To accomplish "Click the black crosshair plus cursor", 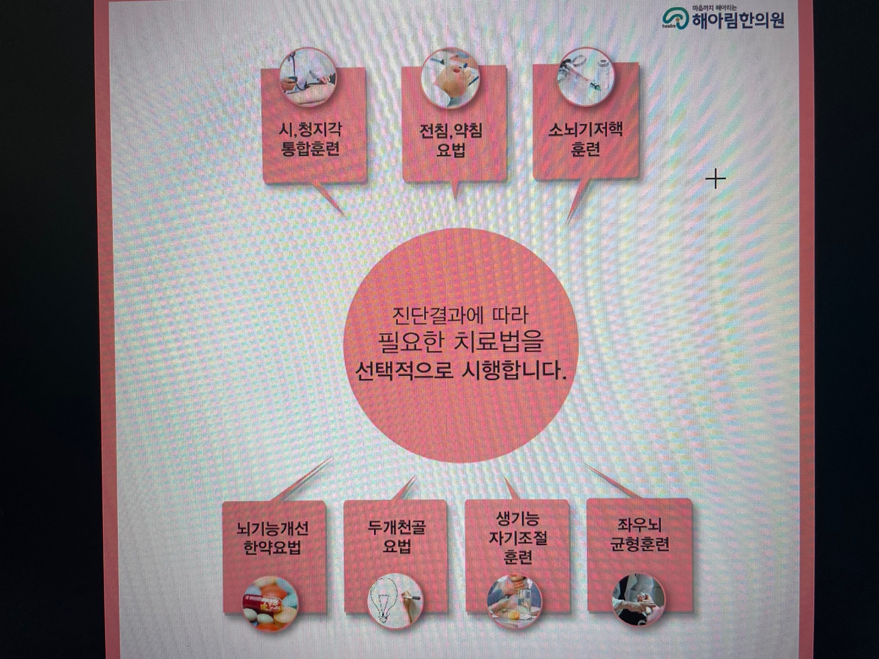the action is click(x=715, y=179).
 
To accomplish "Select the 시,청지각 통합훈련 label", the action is click(x=310, y=139).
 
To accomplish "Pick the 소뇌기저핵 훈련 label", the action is click(x=585, y=139).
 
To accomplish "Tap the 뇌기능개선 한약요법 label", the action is click(x=272, y=538).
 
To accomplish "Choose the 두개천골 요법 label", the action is click(x=396, y=536).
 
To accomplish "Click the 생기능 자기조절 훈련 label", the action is click(x=518, y=538).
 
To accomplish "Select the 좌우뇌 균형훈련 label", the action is click(x=640, y=535).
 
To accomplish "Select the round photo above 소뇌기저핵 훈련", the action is click(x=584, y=73).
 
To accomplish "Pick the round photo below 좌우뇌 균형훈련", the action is click(x=639, y=600).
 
